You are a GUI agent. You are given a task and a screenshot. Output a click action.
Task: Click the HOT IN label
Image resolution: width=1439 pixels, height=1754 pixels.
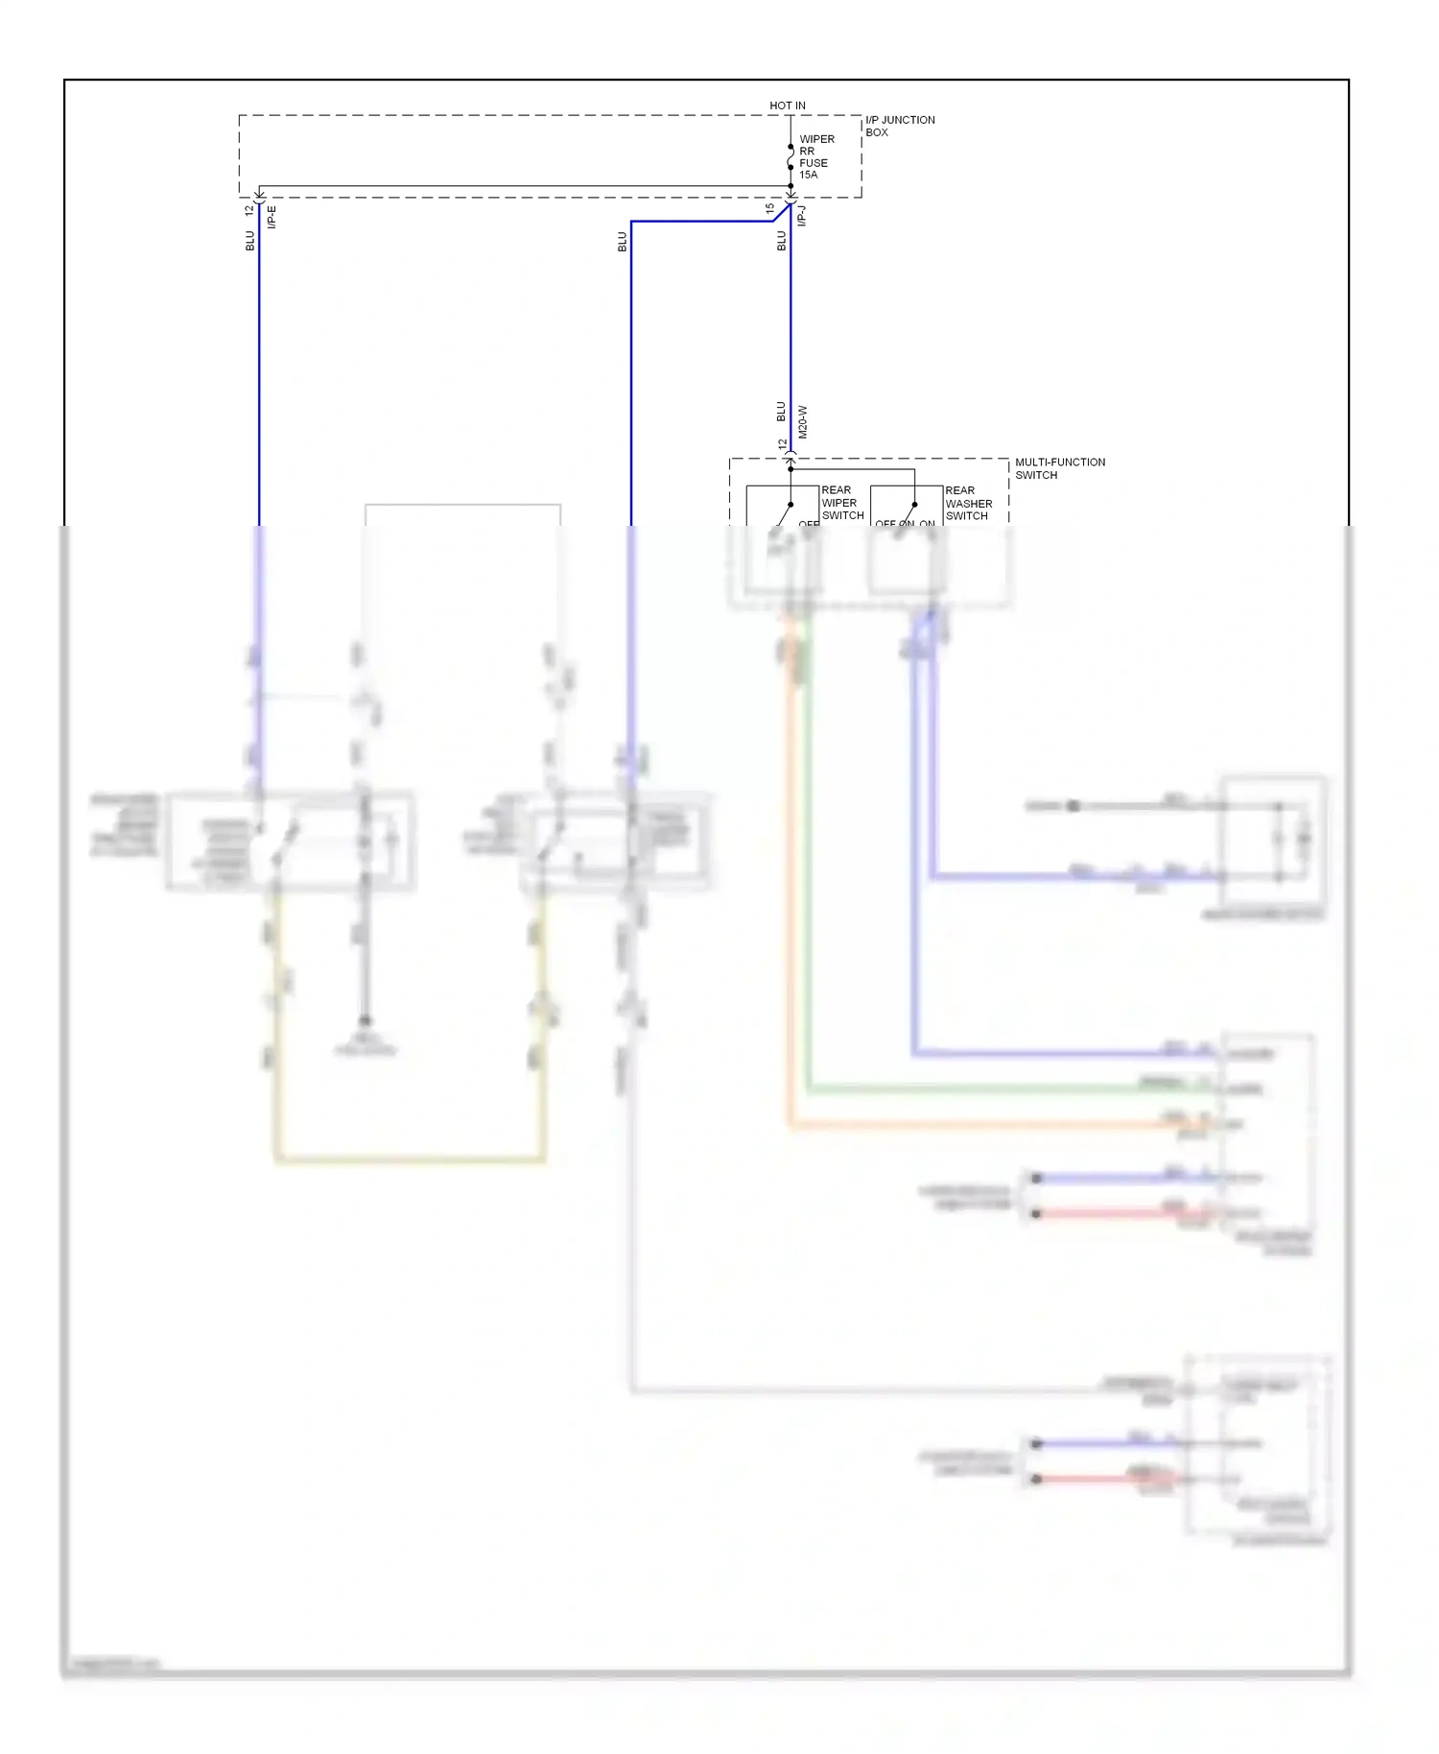[x=787, y=106]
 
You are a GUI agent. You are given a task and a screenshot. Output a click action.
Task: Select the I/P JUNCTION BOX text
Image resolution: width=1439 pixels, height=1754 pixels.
[x=899, y=126]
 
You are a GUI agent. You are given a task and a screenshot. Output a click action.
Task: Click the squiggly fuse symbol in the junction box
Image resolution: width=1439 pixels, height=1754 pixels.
[x=790, y=156]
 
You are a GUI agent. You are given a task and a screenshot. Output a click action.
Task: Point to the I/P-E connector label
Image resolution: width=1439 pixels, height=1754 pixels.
[x=271, y=217]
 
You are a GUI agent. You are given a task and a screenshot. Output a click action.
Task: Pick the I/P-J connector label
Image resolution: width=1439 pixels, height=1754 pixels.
[x=802, y=216]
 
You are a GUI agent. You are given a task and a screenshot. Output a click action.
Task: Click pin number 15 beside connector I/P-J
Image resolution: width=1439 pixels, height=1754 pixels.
[x=770, y=207]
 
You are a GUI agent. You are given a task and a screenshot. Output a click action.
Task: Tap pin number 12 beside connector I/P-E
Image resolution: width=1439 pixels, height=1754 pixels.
[x=249, y=208]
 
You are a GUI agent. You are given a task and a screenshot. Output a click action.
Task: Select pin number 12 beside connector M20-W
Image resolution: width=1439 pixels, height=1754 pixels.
[x=783, y=444]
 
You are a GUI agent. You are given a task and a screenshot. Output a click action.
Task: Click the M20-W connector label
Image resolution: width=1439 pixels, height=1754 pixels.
[x=803, y=422]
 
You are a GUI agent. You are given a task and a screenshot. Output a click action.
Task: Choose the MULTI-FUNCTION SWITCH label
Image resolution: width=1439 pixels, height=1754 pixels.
[x=1059, y=468]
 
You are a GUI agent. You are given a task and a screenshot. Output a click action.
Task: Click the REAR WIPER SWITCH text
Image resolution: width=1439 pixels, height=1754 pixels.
[x=841, y=503]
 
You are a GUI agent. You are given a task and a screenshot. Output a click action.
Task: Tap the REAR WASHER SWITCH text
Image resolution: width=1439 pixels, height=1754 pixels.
[x=968, y=503]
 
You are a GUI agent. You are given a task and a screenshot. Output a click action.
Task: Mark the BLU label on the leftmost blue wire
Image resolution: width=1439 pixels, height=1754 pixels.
[x=249, y=241]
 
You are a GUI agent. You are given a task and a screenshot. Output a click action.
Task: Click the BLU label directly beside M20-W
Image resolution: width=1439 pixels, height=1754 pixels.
[x=781, y=412]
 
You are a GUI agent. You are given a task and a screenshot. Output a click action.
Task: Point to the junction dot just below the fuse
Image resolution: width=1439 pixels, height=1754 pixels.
[x=790, y=186]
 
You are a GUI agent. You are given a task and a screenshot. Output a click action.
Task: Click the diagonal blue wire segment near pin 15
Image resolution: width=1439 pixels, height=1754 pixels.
[x=781, y=213]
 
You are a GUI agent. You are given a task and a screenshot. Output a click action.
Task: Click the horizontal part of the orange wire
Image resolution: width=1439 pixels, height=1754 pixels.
[x=979, y=1124]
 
